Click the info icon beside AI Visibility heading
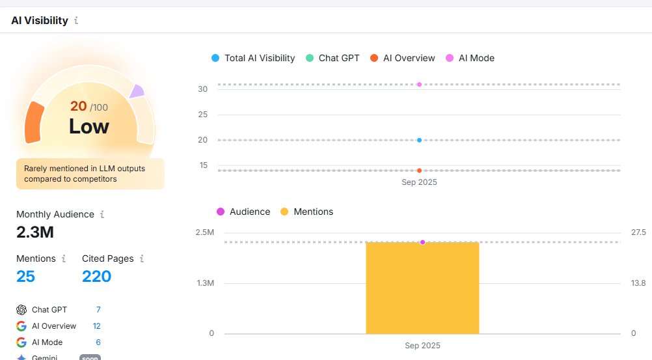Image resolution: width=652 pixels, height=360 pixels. pyautogui.click(x=76, y=20)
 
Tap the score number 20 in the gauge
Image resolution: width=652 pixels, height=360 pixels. pyautogui.click(x=78, y=106)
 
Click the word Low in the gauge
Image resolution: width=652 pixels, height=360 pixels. pyautogui.click(x=89, y=126)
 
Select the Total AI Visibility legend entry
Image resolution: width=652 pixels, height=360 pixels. pyautogui.click(x=253, y=58)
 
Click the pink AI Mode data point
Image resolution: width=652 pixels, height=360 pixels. pyautogui.click(x=419, y=85)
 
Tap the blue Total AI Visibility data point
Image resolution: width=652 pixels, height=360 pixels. pyautogui.click(x=419, y=140)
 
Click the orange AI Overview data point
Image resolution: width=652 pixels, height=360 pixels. pyautogui.click(x=419, y=171)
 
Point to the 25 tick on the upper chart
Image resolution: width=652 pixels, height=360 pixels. pyautogui.click(x=202, y=115)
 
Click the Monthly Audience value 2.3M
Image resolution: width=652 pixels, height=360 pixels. pyautogui.click(x=35, y=231)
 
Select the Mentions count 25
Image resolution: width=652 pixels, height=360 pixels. pyautogui.click(x=25, y=277)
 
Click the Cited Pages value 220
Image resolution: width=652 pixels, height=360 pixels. pyautogui.click(x=96, y=277)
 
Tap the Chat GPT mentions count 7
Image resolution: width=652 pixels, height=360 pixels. pyautogui.click(x=98, y=310)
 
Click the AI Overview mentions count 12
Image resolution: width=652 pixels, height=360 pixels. pyautogui.click(x=96, y=326)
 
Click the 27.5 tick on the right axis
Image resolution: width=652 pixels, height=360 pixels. pyautogui.click(x=638, y=233)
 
